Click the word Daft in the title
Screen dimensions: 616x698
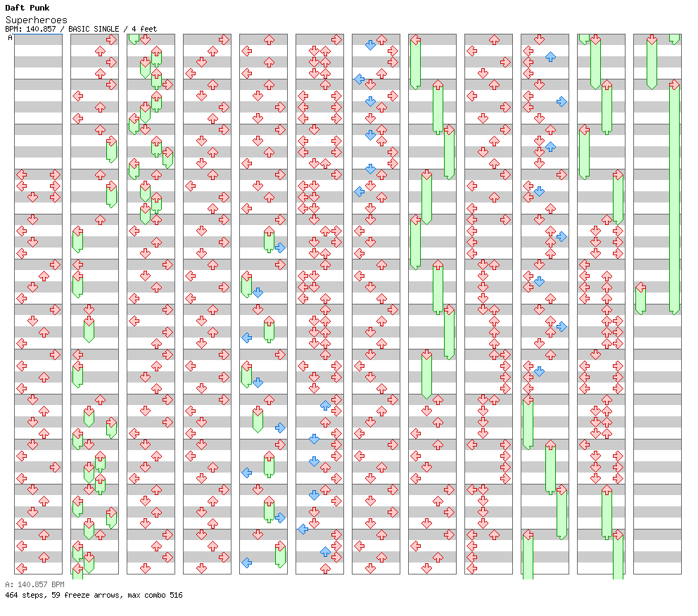(14, 8)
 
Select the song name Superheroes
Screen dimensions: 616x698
(37, 20)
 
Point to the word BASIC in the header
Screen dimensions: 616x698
(81, 29)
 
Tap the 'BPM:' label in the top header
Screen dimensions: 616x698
(13, 29)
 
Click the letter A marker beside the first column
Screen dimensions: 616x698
(10, 38)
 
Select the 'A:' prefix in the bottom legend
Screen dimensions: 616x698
(8, 584)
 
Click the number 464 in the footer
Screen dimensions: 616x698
(11, 595)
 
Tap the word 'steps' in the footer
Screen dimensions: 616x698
(32, 595)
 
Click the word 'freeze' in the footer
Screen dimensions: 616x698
(74, 595)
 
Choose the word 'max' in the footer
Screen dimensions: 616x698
(129, 595)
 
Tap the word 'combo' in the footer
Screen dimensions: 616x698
(151, 595)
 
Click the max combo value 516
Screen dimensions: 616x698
(175, 595)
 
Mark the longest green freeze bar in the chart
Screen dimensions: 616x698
(674, 197)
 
